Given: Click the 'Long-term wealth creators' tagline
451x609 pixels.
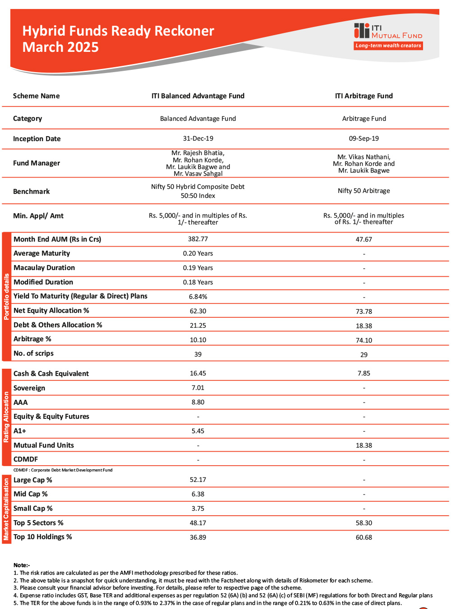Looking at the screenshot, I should click(388, 46).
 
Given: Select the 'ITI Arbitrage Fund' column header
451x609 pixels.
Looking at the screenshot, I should click(364, 96).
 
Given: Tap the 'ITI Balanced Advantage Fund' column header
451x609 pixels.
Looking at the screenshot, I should click(198, 96).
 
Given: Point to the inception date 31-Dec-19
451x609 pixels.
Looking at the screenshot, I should click(198, 138).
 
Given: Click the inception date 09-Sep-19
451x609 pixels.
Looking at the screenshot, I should click(364, 138).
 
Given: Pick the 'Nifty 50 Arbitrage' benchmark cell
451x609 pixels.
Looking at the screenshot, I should click(364, 191).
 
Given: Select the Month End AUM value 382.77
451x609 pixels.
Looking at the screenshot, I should click(198, 239).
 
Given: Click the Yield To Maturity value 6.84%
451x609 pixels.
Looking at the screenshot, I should click(198, 297).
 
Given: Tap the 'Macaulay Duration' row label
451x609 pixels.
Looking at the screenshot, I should click(44, 268).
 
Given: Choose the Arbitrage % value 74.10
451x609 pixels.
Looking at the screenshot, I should click(364, 340).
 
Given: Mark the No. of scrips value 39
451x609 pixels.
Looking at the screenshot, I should click(198, 354).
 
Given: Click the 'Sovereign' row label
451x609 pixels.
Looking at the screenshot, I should click(29, 388).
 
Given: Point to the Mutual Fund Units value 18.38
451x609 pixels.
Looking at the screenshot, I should click(364, 445).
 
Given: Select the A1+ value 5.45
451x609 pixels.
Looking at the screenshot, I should click(198, 431).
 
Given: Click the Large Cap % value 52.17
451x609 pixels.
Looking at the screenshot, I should click(198, 480).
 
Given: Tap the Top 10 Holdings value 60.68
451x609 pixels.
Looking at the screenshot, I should click(364, 537).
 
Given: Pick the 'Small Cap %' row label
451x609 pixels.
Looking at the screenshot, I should click(33, 508).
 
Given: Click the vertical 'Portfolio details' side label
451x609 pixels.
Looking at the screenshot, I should click(6, 297).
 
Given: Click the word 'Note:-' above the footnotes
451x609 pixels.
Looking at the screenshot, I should click(22, 565).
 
